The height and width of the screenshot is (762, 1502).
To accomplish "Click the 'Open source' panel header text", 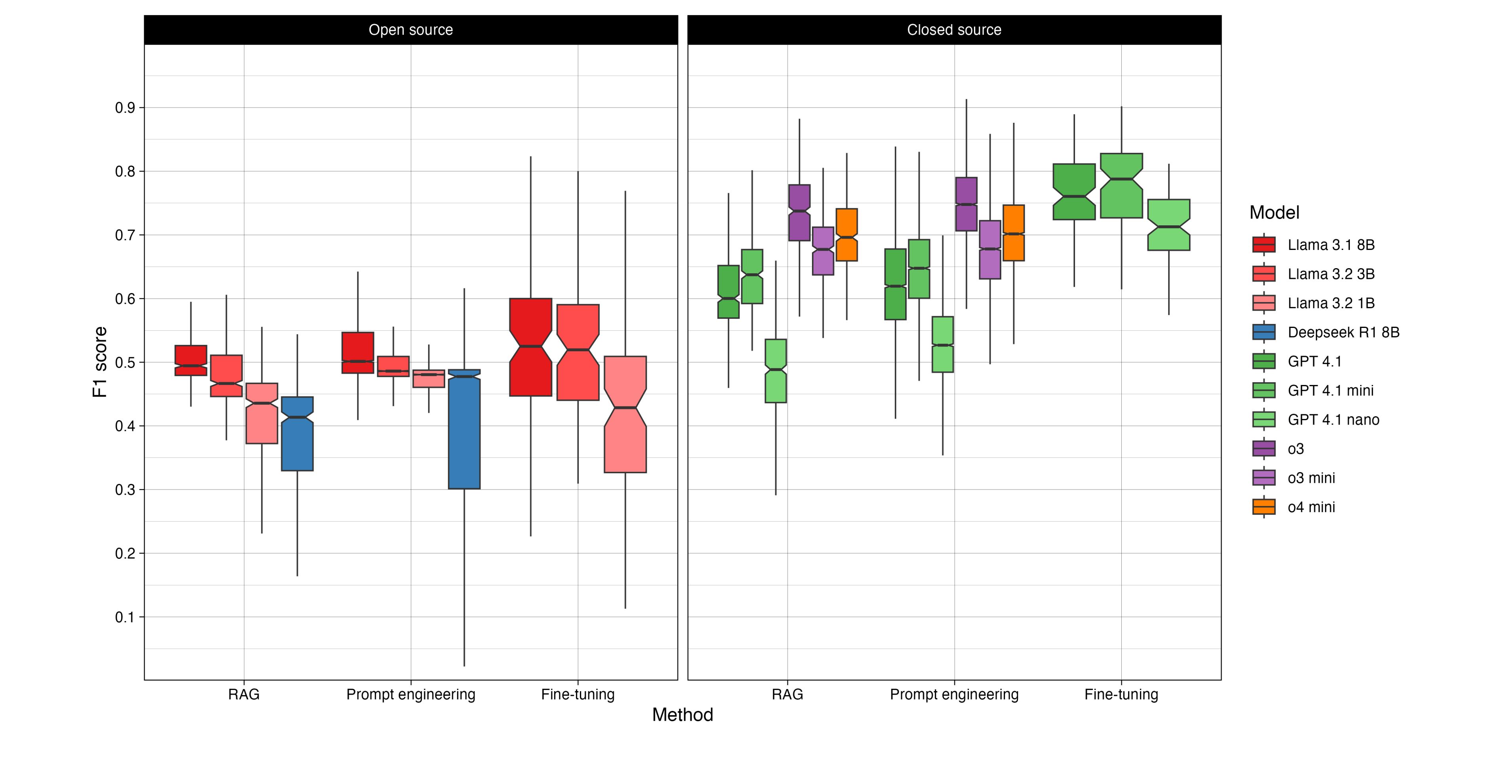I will [x=410, y=30].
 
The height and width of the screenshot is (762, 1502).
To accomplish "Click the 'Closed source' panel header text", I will [x=954, y=30].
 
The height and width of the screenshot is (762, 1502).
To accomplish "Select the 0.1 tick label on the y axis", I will [x=125, y=617].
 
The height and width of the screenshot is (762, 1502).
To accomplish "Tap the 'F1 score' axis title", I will [x=100, y=362].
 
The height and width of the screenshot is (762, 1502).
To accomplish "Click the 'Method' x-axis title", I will [x=682, y=715].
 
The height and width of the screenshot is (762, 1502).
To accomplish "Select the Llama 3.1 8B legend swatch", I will [x=1264, y=245].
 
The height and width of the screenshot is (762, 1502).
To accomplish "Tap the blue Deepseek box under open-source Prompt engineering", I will [x=464, y=431].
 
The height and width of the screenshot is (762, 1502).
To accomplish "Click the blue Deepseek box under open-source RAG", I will [x=297, y=437].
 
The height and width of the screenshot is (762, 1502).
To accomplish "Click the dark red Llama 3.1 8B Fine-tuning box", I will [x=531, y=373].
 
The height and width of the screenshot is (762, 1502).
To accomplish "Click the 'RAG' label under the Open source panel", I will [x=244, y=694].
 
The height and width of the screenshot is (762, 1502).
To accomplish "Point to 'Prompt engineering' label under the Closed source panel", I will [x=954, y=694].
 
